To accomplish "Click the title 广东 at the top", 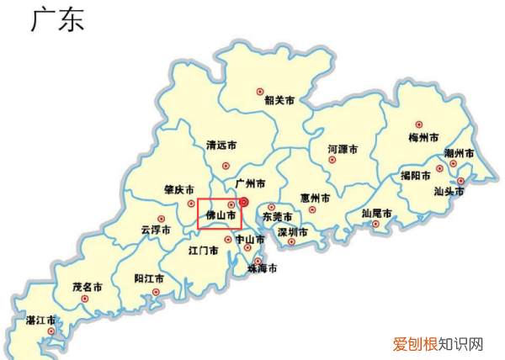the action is point(57,21).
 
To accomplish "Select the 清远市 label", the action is point(223,145).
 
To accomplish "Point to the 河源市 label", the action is point(343,149).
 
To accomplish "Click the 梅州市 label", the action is point(423,136).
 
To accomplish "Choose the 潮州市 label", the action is point(459,154).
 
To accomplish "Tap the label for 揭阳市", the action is point(416,176).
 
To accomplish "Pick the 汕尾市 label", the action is point(376,214).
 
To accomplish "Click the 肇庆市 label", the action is point(178,191).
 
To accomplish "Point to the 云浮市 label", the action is point(156,230).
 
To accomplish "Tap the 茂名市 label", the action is point(88,287).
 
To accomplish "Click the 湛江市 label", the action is point(41,320).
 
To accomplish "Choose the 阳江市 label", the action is point(150,278).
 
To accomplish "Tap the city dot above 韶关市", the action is point(260,89).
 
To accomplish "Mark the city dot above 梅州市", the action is point(419,124).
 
